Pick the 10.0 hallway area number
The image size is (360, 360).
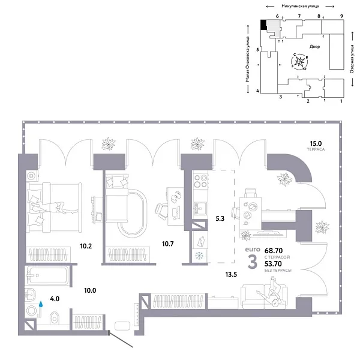coord(91,291)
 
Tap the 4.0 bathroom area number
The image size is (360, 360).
coord(54,298)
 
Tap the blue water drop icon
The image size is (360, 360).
coord(41,304)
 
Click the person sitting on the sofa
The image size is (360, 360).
coord(273,293)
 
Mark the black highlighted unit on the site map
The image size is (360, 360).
coord(263,24)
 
